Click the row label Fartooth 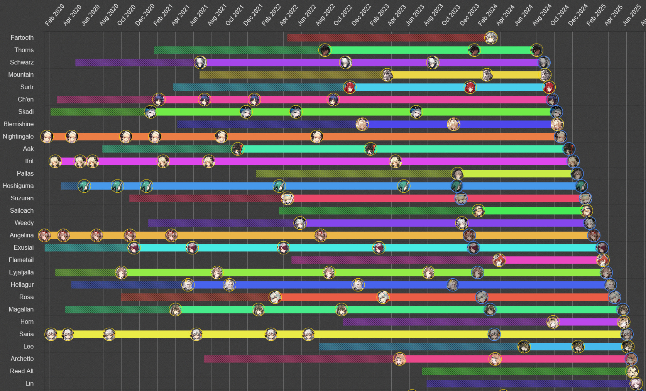[x=22, y=38]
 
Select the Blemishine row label [x=19, y=124]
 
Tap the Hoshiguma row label [x=18, y=186]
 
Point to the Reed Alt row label [x=22, y=371]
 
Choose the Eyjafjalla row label [x=21, y=273]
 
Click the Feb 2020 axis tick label [x=54, y=15]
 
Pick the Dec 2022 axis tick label [x=361, y=15]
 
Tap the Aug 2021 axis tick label [x=217, y=15]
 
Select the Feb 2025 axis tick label [x=596, y=15]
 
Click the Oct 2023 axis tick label [x=451, y=15]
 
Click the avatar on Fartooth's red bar [x=491, y=38]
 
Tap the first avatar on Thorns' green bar [x=325, y=50]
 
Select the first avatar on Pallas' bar [x=457, y=174]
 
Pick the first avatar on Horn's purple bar [x=553, y=322]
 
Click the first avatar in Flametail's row [x=499, y=260]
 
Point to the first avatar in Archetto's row [x=399, y=359]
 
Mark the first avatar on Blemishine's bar [x=362, y=124]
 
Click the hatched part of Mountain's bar [x=289, y=75]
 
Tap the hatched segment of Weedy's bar [x=220, y=223]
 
